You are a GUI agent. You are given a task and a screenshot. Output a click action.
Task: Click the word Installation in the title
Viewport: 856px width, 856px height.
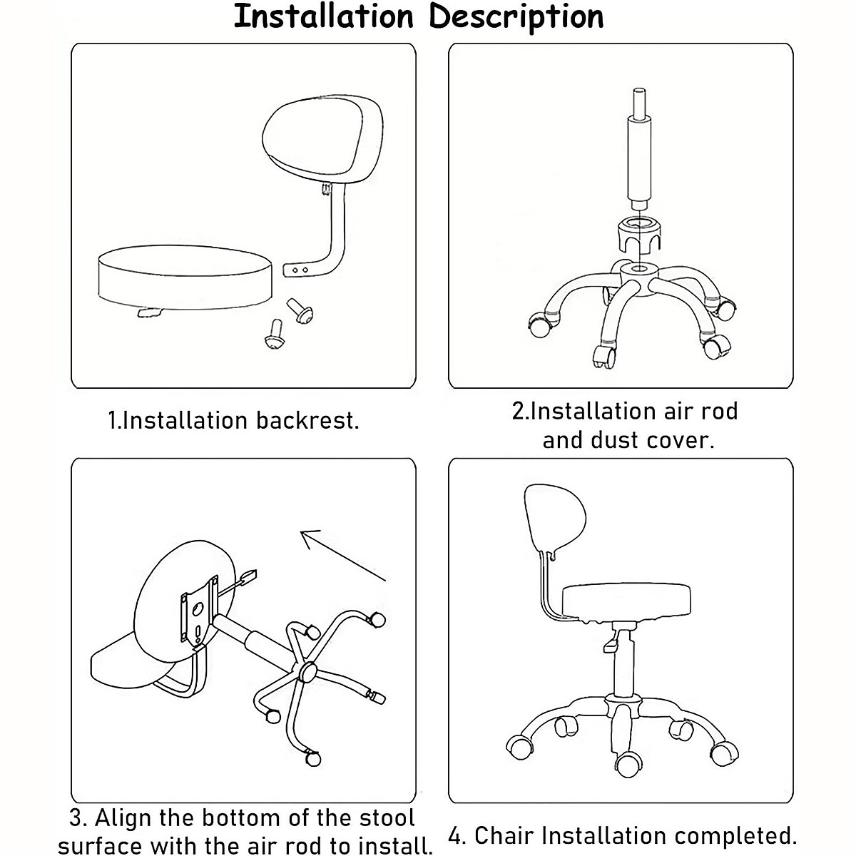324,17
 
